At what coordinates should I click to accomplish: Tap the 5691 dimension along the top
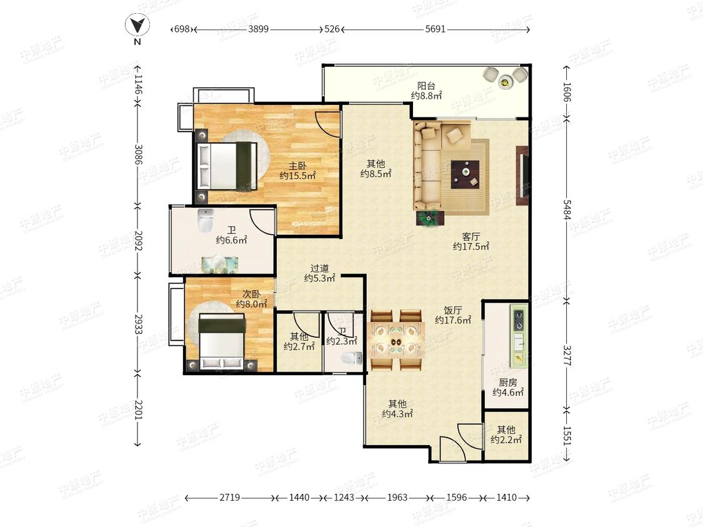click(435, 29)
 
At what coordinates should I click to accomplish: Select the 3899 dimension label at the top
click(258, 29)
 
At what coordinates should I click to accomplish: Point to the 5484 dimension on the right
click(567, 209)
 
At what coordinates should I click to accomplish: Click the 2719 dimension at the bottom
click(229, 498)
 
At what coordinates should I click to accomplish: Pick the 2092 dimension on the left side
click(137, 240)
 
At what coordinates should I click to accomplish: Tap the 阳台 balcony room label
click(426, 86)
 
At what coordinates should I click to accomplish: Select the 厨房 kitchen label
click(507, 382)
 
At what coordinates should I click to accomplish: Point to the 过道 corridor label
click(320, 268)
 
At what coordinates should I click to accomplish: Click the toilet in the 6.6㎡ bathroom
click(206, 220)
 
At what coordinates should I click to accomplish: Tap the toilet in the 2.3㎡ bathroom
click(352, 358)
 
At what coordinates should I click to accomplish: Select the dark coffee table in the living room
click(465, 174)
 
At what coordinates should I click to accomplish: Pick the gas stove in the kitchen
click(519, 319)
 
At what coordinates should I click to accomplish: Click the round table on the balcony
click(506, 82)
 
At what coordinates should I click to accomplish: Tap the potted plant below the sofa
click(430, 219)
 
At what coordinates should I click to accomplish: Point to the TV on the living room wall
click(523, 175)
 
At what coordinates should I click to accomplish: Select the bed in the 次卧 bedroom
click(222, 342)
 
